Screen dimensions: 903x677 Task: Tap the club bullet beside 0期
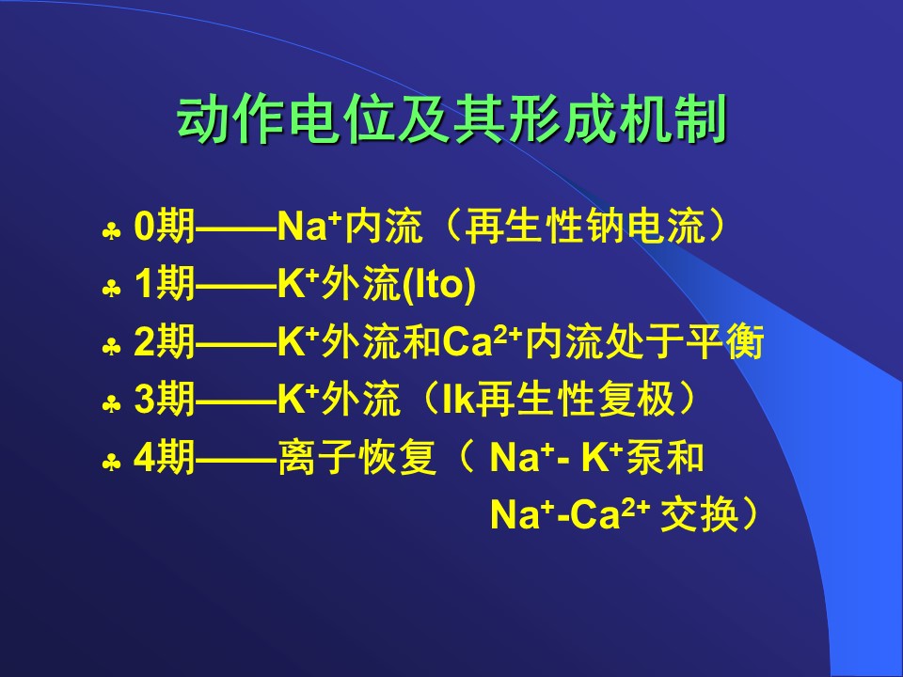(111, 232)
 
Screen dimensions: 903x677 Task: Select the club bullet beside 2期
(111, 347)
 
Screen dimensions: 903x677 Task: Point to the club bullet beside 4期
(111, 463)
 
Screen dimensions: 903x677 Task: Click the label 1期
(164, 283)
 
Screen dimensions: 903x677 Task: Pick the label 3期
(164, 399)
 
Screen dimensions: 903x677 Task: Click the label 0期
(164, 226)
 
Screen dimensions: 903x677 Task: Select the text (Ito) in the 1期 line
(439, 284)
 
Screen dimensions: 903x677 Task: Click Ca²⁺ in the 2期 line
(482, 340)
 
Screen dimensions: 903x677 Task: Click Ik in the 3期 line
(458, 399)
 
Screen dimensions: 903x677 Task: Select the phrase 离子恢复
(357, 458)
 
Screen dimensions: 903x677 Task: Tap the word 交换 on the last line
(700, 514)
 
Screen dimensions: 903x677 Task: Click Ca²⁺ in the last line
(610, 514)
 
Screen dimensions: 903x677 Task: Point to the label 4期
(164, 458)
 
